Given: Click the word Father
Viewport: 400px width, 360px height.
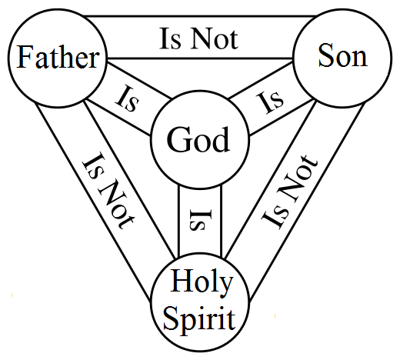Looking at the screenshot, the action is (58, 57).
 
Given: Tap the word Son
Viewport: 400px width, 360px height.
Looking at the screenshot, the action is (343, 55).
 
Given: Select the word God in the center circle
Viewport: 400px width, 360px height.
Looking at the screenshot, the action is (198, 139).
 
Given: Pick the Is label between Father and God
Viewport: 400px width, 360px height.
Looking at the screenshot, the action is (128, 99).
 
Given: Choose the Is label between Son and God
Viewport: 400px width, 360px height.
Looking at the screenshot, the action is (270, 102).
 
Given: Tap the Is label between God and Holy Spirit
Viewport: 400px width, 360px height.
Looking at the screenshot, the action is (201, 220).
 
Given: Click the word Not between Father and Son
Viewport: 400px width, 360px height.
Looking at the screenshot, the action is (215, 39).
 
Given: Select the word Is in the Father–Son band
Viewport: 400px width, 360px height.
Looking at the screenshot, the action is (171, 39).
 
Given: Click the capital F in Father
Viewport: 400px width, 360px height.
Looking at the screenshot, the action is (25, 57).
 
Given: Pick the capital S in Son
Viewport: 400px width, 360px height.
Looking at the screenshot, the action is (326, 55).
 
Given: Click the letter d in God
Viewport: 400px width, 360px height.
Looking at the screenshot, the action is (221, 139).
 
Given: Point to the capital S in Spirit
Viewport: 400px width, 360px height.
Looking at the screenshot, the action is (170, 318).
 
